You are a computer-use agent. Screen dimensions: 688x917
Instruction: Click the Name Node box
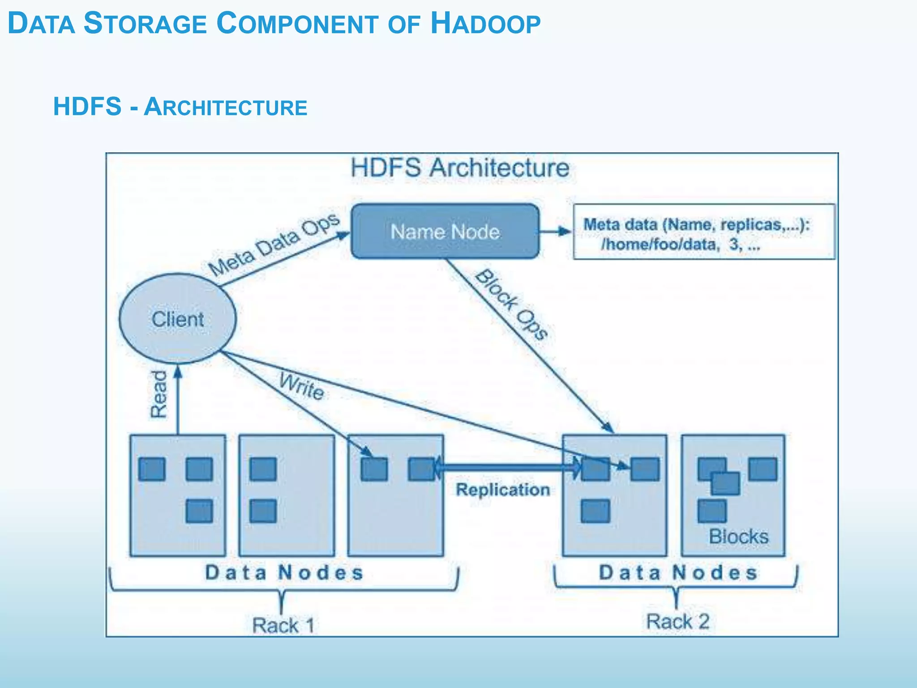[x=445, y=231]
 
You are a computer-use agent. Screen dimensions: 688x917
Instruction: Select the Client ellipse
[x=178, y=318]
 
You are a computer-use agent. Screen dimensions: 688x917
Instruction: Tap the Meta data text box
[x=704, y=232]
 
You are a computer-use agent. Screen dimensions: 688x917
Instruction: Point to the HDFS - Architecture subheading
[x=180, y=107]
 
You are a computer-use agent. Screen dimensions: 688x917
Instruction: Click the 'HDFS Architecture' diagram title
[x=460, y=168]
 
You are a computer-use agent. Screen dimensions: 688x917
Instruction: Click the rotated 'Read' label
[x=158, y=394]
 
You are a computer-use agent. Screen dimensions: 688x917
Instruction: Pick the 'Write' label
[x=301, y=386]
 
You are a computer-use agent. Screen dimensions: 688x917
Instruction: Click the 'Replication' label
[x=502, y=490]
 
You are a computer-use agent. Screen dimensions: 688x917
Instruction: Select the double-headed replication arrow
[x=506, y=468]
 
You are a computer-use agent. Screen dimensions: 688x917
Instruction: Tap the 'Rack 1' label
[x=283, y=625]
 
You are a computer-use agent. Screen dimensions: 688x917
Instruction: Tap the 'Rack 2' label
[x=677, y=622]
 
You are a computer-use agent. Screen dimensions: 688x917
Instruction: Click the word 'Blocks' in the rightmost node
[x=738, y=537]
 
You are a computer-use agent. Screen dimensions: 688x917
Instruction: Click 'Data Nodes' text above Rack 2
[x=678, y=573]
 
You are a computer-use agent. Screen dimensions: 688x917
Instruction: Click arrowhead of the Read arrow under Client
[x=178, y=371]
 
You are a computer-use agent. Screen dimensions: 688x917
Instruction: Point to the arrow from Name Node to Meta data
[x=555, y=232]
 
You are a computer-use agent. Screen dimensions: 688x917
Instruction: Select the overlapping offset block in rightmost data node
[x=725, y=483]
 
